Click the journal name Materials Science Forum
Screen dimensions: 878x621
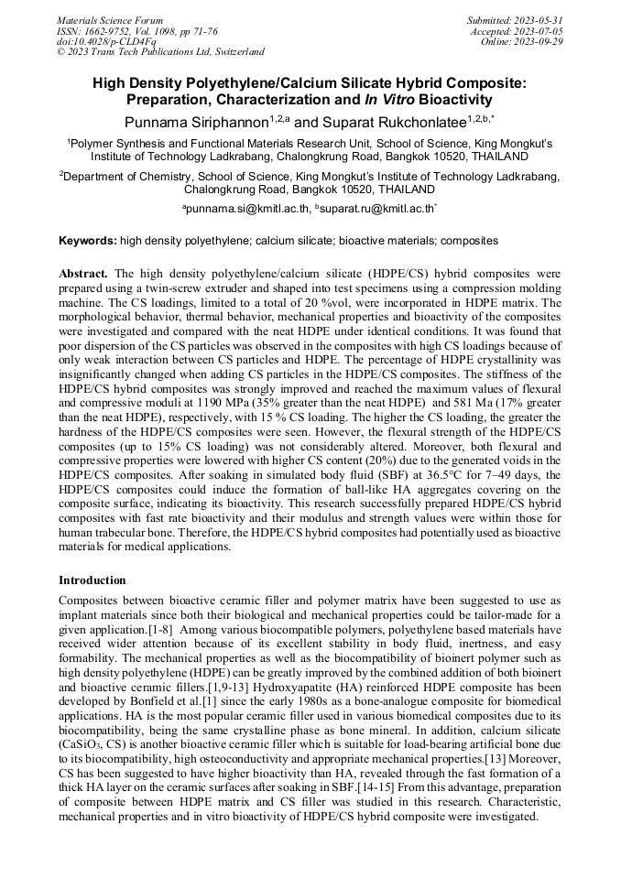110,19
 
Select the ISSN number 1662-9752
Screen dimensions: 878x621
109,30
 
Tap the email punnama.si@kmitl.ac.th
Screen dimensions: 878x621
247,210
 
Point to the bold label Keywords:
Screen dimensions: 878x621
87,241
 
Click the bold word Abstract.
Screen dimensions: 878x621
83,274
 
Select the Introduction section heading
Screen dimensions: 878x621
93,580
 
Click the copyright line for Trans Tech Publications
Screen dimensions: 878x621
160,52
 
